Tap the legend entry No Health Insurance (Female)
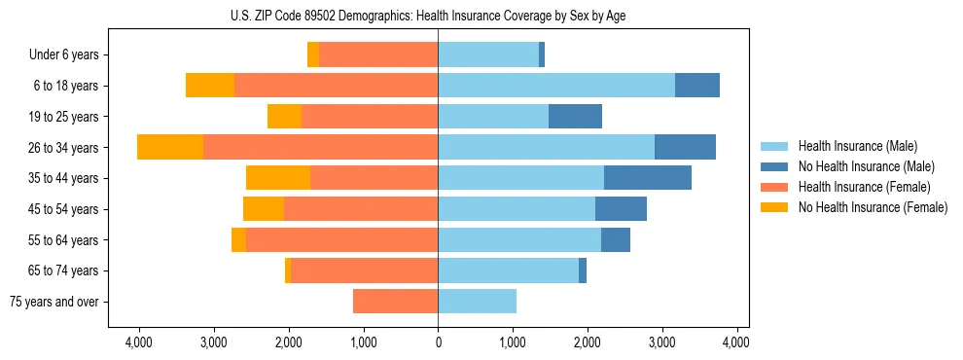pos(873,207)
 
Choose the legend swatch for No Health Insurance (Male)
pos(775,166)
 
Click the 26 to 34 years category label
pos(64,148)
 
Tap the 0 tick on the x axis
pos(438,342)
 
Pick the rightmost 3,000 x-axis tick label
pos(661,342)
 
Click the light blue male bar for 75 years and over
pos(477,302)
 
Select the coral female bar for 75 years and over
pos(395,302)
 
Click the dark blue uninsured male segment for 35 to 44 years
pos(647,178)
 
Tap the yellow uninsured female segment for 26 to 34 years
pos(170,148)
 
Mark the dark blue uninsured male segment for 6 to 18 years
pos(696,86)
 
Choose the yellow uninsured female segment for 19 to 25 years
pos(284,117)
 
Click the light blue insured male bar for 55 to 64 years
pos(519,240)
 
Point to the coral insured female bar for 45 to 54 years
pos(361,209)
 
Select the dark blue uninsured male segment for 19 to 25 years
pos(575,117)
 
